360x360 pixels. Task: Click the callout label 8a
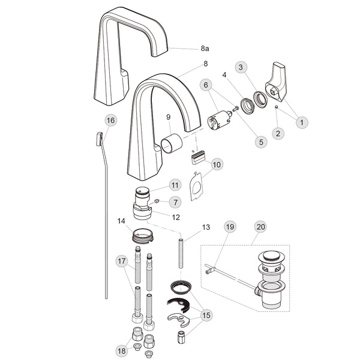pyautogui.click(x=205, y=49)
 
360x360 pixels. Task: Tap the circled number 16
pyautogui.click(x=110, y=121)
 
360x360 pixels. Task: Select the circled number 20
pyautogui.click(x=260, y=227)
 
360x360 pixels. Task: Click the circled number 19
pyautogui.click(x=230, y=227)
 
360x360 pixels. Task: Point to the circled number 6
pyautogui.click(x=206, y=85)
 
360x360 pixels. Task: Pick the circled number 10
pyautogui.click(x=217, y=164)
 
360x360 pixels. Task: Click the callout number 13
pyautogui.click(x=206, y=227)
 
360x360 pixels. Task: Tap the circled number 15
pyautogui.click(x=206, y=315)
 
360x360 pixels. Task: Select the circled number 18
pyautogui.click(x=122, y=350)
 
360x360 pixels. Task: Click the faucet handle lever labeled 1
pyautogui.click(x=276, y=82)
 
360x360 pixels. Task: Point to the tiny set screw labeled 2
pyautogui.click(x=277, y=107)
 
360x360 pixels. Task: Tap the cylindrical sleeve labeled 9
pyautogui.click(x=172, y=143)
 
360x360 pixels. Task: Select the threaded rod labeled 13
pyautogui.click(x=181, y=253)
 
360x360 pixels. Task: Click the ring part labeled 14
pyautogui.click(x=143, y=236)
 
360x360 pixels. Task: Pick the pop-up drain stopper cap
pyautogui.click(x=269, y=256)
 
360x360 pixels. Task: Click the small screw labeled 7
pyautogui.click(x=157, y=202)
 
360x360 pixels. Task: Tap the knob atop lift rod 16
pyautogui.click(x=99, y=139)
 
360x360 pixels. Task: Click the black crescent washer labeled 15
pyautogui.click(x=179, y=305)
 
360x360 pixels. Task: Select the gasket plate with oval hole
pyautogui.click(x=196, y=187)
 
